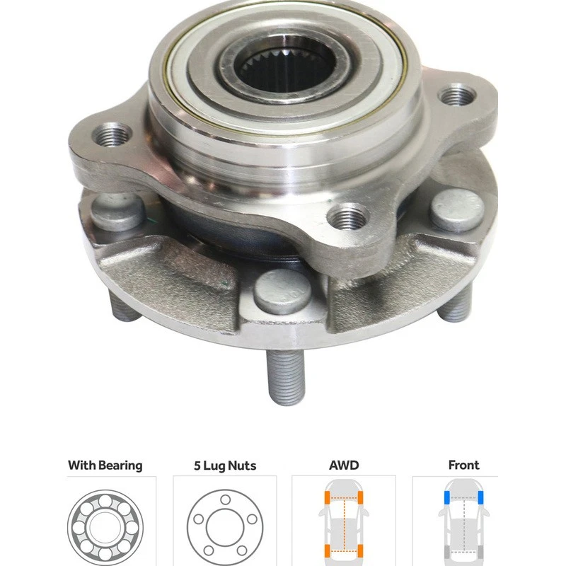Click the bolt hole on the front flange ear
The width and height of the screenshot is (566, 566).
click(350, 216)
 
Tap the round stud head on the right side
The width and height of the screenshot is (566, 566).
click(458, 210)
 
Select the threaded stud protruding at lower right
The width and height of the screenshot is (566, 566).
click(459, 306)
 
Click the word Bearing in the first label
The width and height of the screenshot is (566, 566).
click(120, 466)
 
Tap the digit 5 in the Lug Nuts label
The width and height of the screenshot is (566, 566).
click(197, 466)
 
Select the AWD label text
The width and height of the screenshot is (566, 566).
click(344, 466)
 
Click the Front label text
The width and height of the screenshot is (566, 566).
click(463, 466)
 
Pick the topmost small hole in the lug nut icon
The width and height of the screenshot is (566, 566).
click(225, 499)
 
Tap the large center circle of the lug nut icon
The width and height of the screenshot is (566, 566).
click(225, 528)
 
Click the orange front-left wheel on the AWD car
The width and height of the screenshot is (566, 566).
click(328, 498)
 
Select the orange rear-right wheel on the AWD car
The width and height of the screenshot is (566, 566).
click(362, 551)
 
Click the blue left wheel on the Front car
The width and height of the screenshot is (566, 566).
click(446, 498)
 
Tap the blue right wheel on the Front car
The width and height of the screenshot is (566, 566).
click(481, 498)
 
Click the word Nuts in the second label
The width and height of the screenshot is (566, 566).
click(241, 466)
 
